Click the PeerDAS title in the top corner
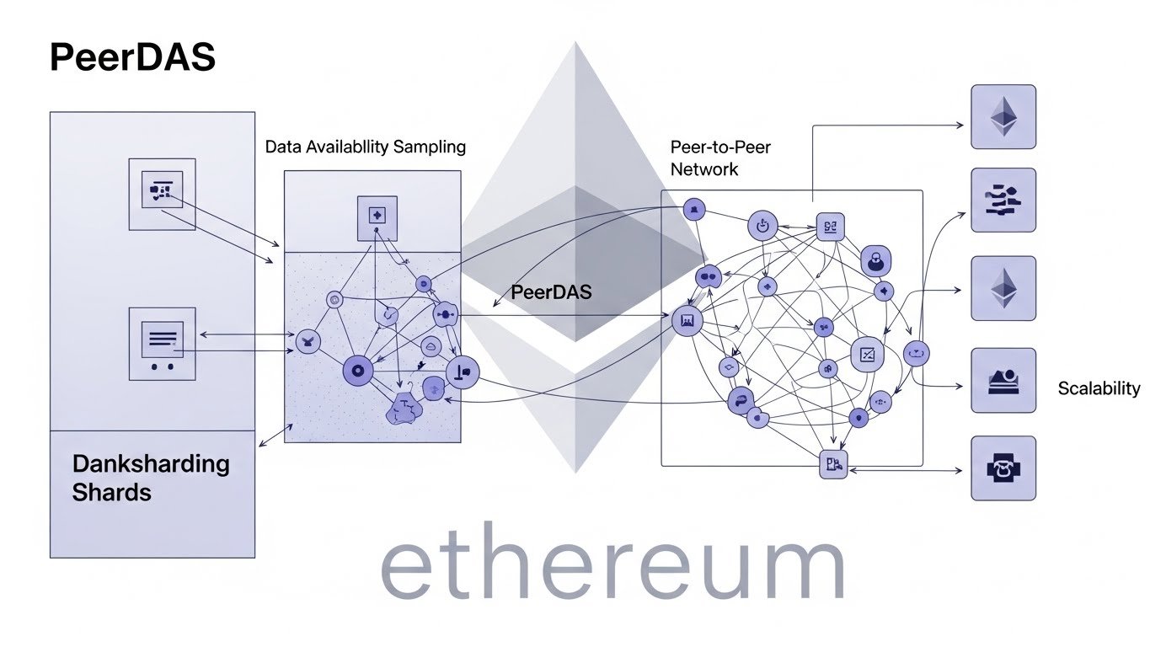pyautogui.click(x=132, y=57)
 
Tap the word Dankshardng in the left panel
pyautogui.click(x=151, y=463)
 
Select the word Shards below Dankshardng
pyautogui.click(x=111, y=492)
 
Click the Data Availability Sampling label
pyautogui.click(x=365, y=147)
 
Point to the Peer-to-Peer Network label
pyautogui.click(x=719, y=158)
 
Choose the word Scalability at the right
pyautogui.click(x=1098, y=388)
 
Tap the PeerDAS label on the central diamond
pyautogui.click(x=551, y=292)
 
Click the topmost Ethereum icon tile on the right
pyautogui.click(x=1003, y=117)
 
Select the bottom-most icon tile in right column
pyautogui.click(x=1003, y=468)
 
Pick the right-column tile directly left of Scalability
pyautogui.click(x=1003, y=380)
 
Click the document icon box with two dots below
pyautogui.click(x=161, y=343)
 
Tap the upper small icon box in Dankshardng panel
pyautogui.click(x=161, y=193)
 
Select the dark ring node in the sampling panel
pyautogui.click(x=356, y=370)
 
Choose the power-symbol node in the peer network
pyautogui.click(x=761, y=225)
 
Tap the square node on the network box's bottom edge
pyautogui.click(x=832, y=463)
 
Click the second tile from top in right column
pyautogui.click(x=1003, y=200)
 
